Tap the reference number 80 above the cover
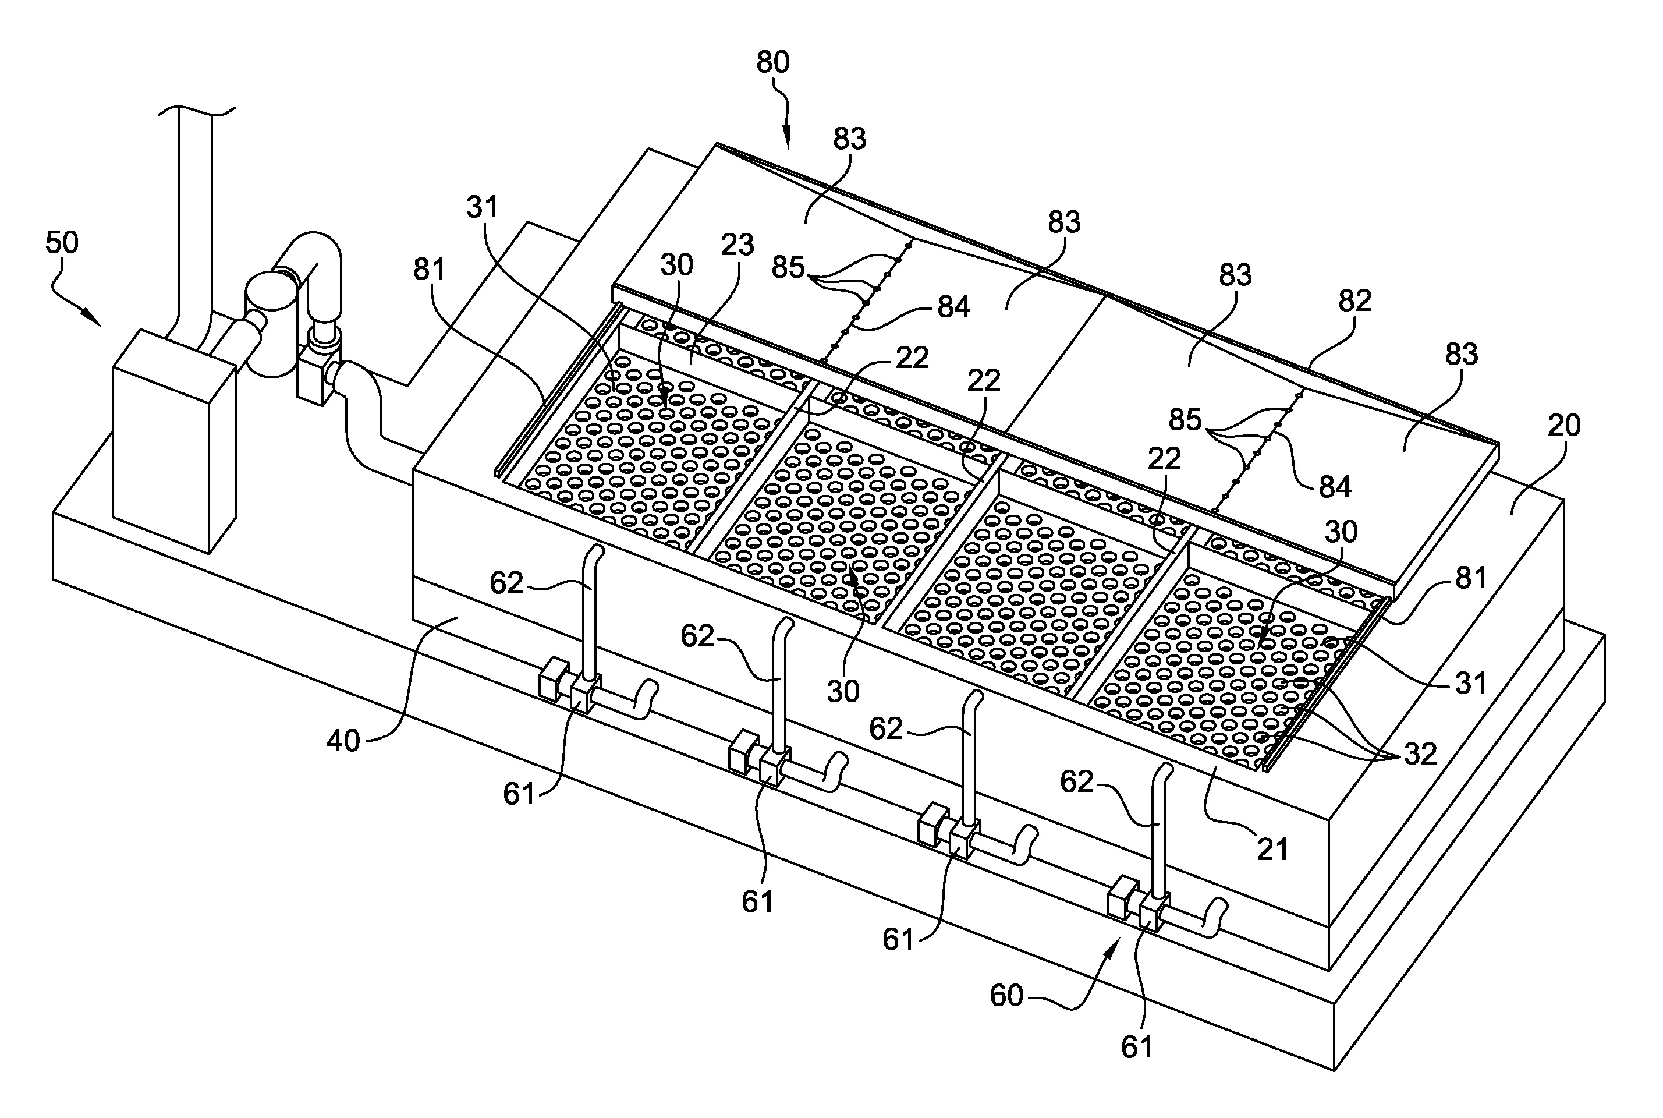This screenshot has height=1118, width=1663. click(x=772, y=63)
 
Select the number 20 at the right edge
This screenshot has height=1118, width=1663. click(x=1564, y=426)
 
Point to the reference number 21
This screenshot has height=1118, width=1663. click(x=1272, y=848)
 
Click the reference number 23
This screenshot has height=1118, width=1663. click(x=737, y=245)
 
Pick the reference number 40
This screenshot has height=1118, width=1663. click(x=343, y=741)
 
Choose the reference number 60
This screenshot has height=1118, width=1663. click(x=1006, y=995)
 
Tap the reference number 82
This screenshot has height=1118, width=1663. click(x=1354, y=302)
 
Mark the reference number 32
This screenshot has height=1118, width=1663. click(x=1419, y=753)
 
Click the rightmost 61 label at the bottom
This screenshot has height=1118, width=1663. click(x=1136, y=1047)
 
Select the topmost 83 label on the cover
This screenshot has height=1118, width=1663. click(x=849, y=139)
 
